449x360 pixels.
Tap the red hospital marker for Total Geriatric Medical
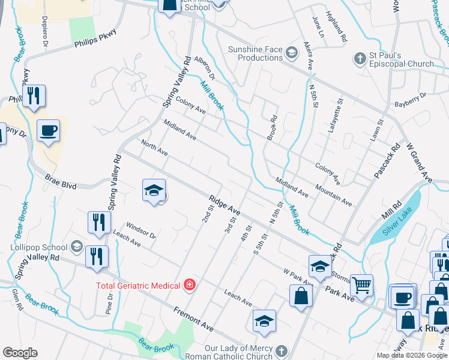click(x=190, y=284)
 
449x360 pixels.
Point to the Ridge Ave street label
click(x=225, y=206)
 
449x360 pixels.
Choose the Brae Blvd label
click(x=61, y=182)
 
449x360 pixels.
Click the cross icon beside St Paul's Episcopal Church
click(x=360, y=58)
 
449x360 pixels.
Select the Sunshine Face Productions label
click(x=255, y=53)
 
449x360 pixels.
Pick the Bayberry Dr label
click(x=410, y=100)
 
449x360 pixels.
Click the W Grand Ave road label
click(x=419, y=162)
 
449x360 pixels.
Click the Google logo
click(x=20, y=353)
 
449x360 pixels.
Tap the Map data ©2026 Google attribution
click(x=411, y=355)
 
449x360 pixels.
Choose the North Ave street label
click(x=154, y=148)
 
